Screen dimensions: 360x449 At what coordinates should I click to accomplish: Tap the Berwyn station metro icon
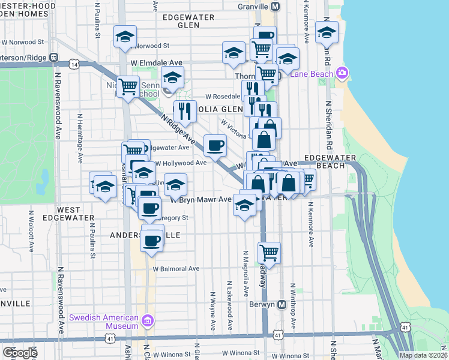pyautogui.click(x=282, y=304)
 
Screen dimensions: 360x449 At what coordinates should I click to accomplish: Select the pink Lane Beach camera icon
pyautogui.click(x=343, y=73)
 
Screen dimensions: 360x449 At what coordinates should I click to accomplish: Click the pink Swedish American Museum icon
pyautogui.click(x=148, y=321)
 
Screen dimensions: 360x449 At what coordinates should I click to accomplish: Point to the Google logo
pyautogui.click(x=19, y=352)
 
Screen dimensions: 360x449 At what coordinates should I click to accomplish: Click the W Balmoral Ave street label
pyautogui.click(x=176, y=269)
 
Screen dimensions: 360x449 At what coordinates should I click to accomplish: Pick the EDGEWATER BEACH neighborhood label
pyautogui.click(x=330, y=161)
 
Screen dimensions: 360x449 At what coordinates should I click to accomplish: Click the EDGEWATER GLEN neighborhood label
pyautogui.click(x=188, y=21)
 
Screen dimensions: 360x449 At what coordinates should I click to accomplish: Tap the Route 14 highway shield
pyautogui.click(x=74, y=63)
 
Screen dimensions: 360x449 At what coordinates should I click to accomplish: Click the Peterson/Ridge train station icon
pyautogui.click(x=54, y=58)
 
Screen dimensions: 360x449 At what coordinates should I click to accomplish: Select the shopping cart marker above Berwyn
pyautogui.click(x=269, y=252)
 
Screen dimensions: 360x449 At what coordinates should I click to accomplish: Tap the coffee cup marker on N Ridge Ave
pyautogui.click(x=215, y=145)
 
